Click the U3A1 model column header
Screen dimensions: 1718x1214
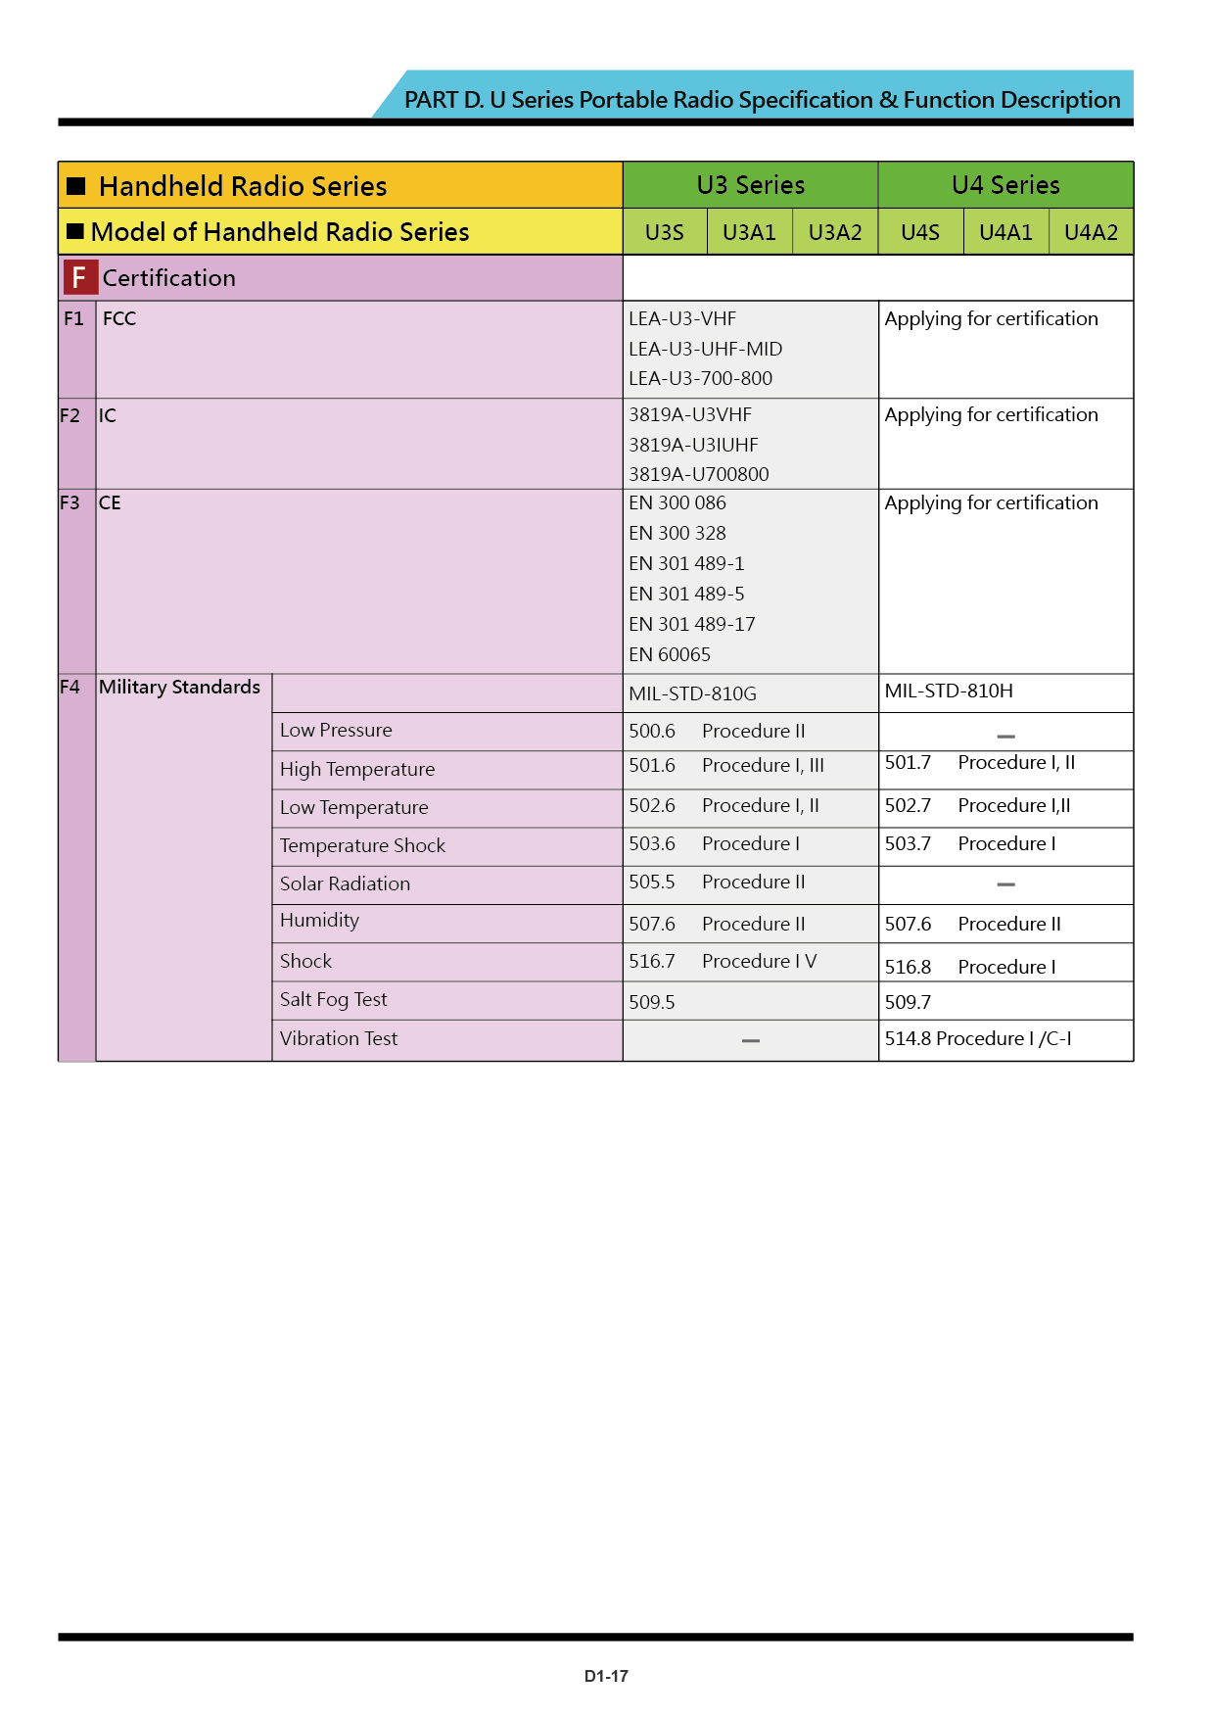pyautogui.click(x=749, y=232)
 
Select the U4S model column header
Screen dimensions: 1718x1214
pyautogui.click(x=920, y=232)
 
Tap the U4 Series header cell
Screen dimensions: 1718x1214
pyautogui.click(x=1005, y=185)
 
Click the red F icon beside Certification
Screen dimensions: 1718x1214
pyautogui.click(x=79, y=278)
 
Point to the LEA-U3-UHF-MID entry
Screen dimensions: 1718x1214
pyautogui.click(x=705, y=349)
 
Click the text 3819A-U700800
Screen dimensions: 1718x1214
pyautogui.click(x=698, y=474)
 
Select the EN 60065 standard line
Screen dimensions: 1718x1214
pyautogui.click(x=670, y=654)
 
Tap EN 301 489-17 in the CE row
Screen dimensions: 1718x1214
pyautogui.click(x=691, y=624)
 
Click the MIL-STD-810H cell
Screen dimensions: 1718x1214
pyautogui.click(x=949, y=691)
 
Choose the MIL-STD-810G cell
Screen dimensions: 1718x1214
pyautogui.click(x=692, y=693)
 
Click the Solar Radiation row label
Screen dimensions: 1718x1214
pyautogui.click(x=345, y=883)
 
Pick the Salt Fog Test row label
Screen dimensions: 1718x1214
pyautogui.click(x=333, y=999)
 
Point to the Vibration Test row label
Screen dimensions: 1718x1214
pyautogui.click(x=338, y=1038)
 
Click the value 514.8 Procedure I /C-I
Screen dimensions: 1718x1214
pyautogui.click(x=977, y=1038)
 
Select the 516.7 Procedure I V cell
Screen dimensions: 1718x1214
pyautogui.click(x=722, y=961)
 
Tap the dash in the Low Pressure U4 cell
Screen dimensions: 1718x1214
pyautogui.click(x=1005, y=736)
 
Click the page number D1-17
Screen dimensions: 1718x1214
pyautogui.click(x=606, y=1676)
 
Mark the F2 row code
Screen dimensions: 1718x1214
pyautogui.click(x=70, y=415)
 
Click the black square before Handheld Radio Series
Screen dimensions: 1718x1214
pyautogui.click(x=76, y=186)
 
